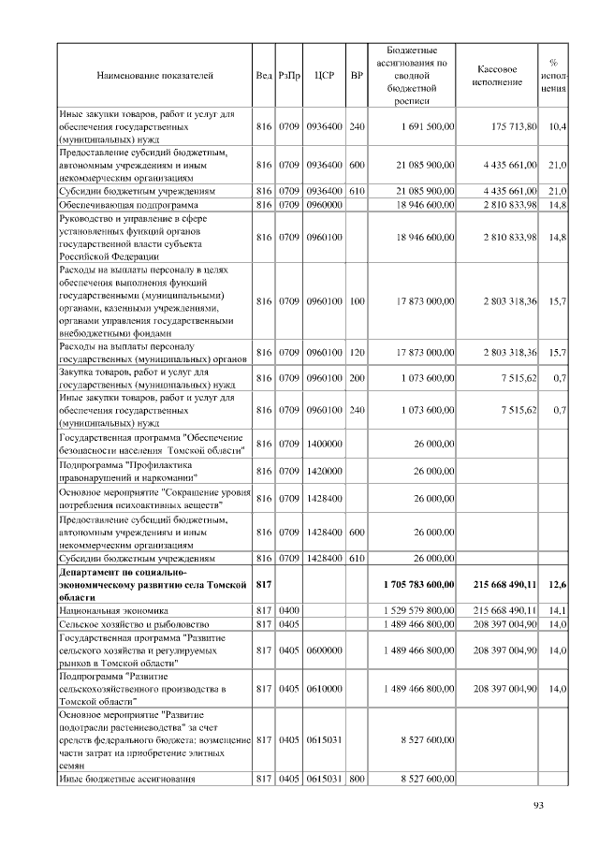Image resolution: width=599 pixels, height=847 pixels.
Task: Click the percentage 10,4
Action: tap(556, 125)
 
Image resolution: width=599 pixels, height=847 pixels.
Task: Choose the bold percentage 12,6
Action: tap(556, 584)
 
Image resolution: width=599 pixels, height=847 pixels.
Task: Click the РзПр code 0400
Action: tap(289, 609)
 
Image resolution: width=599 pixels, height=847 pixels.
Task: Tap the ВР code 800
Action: tap(356, 778)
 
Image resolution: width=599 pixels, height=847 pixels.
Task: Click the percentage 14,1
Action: tap(556, 609)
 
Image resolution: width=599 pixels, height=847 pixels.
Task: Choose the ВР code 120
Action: tap(356, 353)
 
